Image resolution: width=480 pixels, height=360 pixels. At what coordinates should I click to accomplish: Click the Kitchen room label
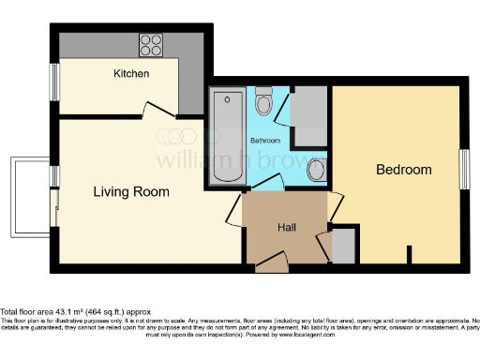[131, 73]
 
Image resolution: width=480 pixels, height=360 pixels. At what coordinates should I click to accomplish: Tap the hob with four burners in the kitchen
[150, 43]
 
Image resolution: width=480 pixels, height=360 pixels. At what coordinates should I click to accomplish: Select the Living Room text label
[131, 192]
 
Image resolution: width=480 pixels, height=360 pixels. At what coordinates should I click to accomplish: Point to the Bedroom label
[403, 170]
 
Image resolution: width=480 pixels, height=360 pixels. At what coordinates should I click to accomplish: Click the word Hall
[288, 228]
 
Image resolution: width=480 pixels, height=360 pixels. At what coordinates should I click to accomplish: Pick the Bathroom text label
[264, 141]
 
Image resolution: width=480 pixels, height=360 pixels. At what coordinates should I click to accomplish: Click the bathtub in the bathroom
[226, 136]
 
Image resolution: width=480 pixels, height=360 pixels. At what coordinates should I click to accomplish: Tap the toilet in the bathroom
[264, 102]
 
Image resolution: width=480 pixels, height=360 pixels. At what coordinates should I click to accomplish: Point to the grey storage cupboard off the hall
[344, 246]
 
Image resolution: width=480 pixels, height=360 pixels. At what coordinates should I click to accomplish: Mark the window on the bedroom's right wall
[464, 170]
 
